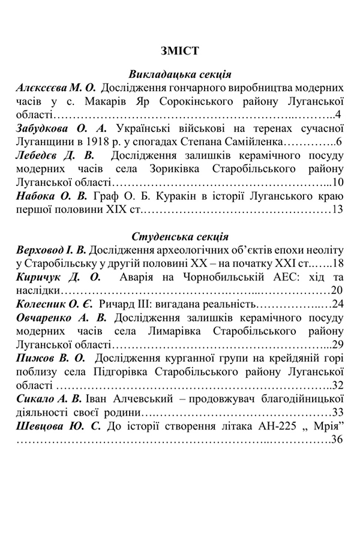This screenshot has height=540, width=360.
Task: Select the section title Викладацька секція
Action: pos(180,74)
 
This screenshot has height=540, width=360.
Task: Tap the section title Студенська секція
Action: pos(180,236)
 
